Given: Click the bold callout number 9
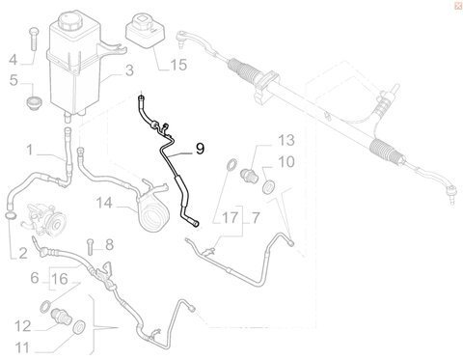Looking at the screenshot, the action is pyautogui.click(x=200, y=149).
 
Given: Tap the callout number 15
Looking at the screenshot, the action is pyautogui.click(x=178, y=65).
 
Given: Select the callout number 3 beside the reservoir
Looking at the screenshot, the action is pyautogui.click(x=129, y=70).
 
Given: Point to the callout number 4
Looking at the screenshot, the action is pyautogui.click(x=13, y=60).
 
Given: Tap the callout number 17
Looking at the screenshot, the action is pyautogui.click(x=230, y=218).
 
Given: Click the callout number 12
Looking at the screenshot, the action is pyautogui.click(x=23, y=326).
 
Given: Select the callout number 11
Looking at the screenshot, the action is pyautogui.click(x=22, y=347).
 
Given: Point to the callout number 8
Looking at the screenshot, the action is pyautogui.click(x=110, y=245).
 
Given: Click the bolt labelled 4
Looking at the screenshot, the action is pyautogui.click(x=34, y=39).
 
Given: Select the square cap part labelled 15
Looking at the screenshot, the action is pyautogui.click(x=145, y=29).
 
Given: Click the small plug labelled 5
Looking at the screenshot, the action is pyautogui.click(x=32, y=104).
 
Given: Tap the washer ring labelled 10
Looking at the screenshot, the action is pyautogui.click(x=267, y=187).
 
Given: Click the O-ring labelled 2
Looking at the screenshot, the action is pyautogui.click(x=12, y=215).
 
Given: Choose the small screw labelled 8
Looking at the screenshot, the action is pyautogui.click(x=90, y=247).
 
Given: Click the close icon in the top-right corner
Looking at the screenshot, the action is pyautogui.click(x=458, y=6).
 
